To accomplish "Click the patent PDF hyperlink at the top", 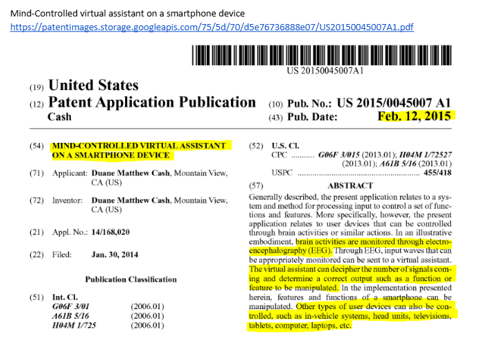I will click(x=211, y=27).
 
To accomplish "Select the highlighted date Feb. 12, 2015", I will click(x=417, y=115).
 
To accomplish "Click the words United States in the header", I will click(x=93, y=86).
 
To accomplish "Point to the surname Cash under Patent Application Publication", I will click(x=59, y=117).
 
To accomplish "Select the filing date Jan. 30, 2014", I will click(x=115, y=254).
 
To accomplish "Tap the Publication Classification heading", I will click(x=131, y=280).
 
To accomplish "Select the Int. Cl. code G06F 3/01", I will click(x=71, y=306).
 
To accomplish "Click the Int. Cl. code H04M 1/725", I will click(x=75, y=325).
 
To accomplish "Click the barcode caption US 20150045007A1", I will click(x=325, y=71).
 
